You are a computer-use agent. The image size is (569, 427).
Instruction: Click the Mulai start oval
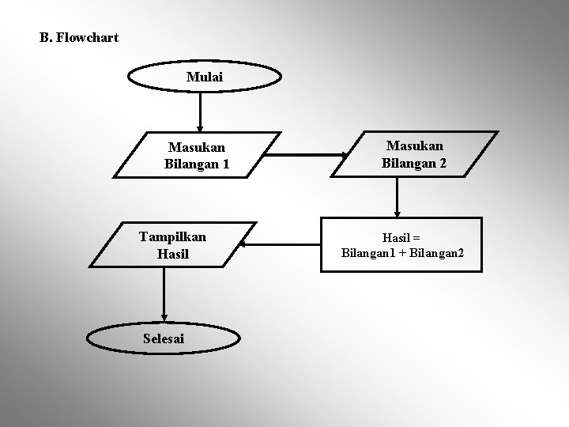pyautogui.click(x=205, y=77)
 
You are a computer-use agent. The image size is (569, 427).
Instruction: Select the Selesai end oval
pyautogui.click(x=164, y=338)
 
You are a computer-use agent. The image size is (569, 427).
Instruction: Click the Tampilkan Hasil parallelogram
pyautogui.click(x=172, y=245)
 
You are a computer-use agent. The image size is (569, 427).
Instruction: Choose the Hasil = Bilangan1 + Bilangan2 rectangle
pyautogui.click(x=402, y=246)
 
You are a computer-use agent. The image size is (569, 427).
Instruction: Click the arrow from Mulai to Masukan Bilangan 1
pyautogui.click(x=201, y=111)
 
